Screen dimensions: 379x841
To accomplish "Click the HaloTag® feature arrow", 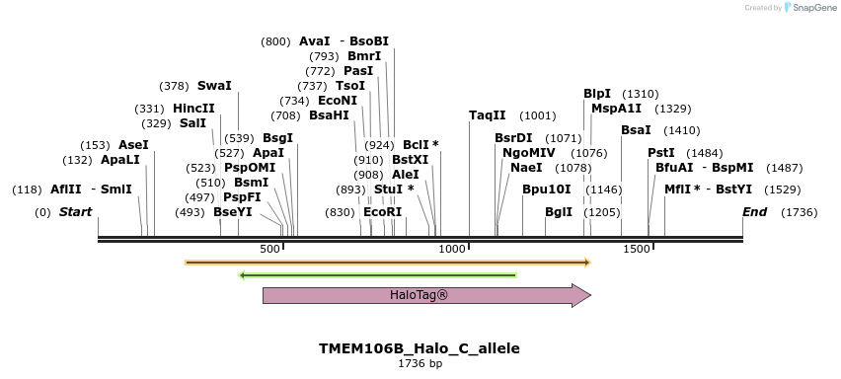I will tap(425, 295).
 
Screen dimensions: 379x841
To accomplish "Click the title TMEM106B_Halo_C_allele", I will tap(420, 348).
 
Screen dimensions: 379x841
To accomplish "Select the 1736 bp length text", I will tap(420, 364).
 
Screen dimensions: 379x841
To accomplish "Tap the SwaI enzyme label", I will tap(214, 86).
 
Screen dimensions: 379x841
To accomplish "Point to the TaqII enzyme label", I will tap(487, 115).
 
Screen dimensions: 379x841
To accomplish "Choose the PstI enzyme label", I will tap(660, 153).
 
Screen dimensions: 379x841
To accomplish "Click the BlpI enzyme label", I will tap(597, 94).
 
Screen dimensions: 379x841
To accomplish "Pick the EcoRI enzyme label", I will tap(383, 212).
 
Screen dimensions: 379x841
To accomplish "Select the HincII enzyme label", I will tap(193, 109).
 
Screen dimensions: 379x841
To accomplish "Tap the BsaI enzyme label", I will tap(636, 130).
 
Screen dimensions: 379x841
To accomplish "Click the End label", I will tap(755, 212).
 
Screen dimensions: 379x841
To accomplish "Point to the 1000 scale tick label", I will tap(452, 250).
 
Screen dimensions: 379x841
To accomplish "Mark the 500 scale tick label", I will tap(269, 250).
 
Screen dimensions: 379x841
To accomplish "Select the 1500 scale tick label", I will tap(636, 250).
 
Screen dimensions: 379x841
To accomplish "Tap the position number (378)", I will tap(174, 86).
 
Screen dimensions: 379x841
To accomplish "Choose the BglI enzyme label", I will tap(559, 212).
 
